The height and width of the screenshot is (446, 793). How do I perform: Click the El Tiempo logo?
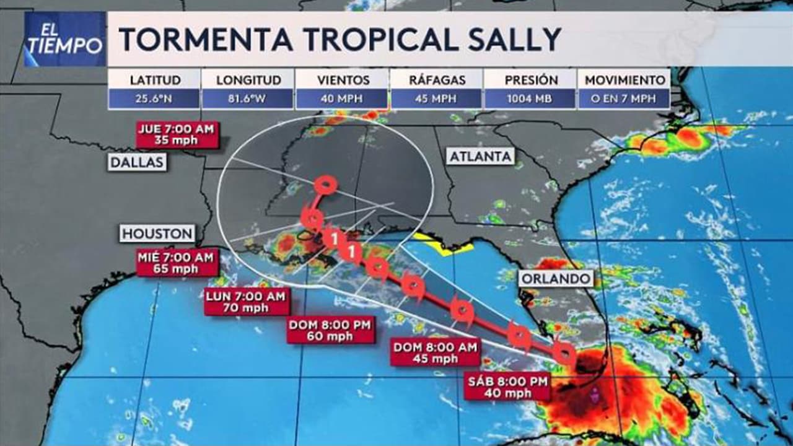64,39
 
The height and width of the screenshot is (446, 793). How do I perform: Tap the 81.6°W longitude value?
248,98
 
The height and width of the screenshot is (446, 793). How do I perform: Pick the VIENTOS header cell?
343,80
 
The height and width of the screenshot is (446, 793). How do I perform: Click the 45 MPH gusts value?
436,98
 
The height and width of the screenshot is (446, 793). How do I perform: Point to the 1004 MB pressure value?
530,98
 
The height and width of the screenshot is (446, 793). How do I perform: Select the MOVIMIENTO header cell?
624,80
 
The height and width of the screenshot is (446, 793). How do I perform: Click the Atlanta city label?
481,157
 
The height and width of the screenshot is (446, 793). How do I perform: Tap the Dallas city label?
138,162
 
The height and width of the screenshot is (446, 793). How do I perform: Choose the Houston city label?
157,234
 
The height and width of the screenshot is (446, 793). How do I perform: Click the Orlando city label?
556,279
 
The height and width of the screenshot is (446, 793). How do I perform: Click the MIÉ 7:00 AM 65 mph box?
178,263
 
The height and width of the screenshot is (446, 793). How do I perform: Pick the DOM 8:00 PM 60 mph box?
331,330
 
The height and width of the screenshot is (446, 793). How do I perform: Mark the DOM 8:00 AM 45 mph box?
436,353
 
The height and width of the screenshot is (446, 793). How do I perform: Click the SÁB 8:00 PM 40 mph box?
508,387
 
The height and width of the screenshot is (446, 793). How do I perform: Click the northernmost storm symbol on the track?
325,184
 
